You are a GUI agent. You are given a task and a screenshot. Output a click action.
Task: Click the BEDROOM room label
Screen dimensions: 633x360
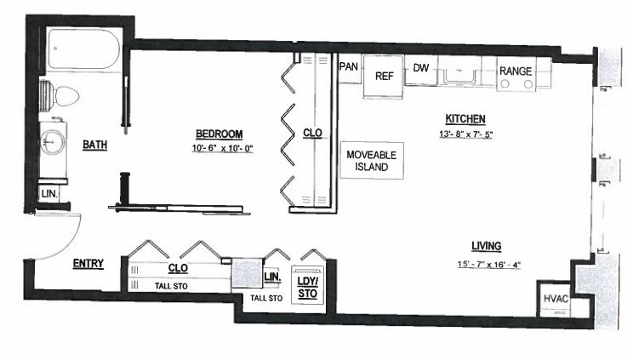coord(220,134)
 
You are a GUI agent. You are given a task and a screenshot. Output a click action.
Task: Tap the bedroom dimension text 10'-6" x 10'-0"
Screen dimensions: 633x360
coord(222,148)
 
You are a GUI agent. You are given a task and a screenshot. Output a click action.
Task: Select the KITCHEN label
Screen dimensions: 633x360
coord(465,119)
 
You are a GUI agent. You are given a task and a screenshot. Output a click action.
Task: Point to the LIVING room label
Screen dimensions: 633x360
coord(487,246)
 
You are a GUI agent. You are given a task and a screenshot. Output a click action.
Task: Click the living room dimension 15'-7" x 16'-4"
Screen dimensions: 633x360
coord(489,265)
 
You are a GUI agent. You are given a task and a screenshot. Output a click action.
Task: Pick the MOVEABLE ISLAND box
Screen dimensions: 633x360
coord(372,160)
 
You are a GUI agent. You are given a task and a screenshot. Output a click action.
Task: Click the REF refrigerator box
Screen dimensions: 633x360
coord(384,77)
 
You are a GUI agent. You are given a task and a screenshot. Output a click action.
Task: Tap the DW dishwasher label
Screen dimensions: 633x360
coord(420,68)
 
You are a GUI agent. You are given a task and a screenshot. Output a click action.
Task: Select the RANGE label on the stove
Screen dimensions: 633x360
coord(516,71)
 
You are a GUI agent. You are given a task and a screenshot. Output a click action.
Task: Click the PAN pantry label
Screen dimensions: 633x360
coord(349,66)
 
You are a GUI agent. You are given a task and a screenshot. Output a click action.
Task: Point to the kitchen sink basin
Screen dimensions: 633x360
coord(459,76)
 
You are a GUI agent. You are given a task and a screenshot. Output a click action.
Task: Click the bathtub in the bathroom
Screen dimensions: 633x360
coord(84,49)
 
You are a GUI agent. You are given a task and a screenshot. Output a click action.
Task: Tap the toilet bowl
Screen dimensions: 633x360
coord(66,96)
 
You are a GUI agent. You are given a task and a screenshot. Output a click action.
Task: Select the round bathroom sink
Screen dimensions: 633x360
coord(53,142)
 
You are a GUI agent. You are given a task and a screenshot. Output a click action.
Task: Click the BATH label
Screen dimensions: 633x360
coord(95,144)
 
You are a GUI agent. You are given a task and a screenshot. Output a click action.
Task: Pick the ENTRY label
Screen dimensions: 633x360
coord(88,264)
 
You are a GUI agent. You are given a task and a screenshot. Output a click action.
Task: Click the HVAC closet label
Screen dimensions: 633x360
coord(556,299)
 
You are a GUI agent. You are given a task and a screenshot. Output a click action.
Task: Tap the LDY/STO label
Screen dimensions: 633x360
coord(308,288)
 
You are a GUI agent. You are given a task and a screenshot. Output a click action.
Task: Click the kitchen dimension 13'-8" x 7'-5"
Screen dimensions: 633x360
coord(466,134)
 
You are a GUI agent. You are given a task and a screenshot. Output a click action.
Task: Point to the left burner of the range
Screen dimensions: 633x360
coord(505,84)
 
